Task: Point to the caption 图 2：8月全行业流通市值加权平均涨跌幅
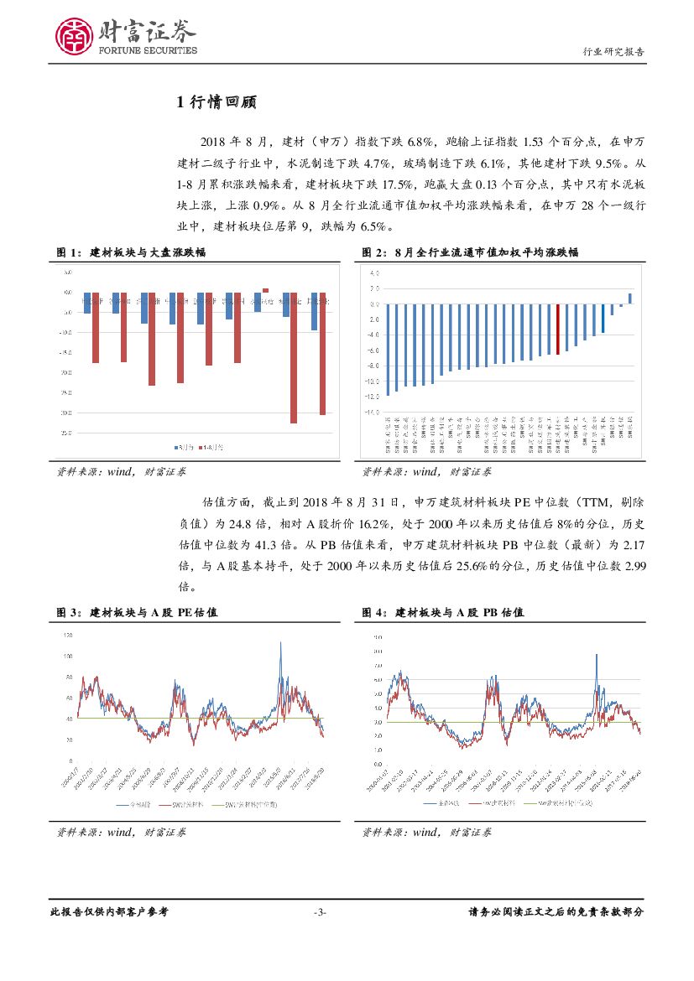(x=469, y=252)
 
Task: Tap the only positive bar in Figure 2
(x=630, y=298)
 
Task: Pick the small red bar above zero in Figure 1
(x=265, y=290)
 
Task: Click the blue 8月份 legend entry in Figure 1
(x=184, y=448)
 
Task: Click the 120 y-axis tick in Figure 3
(x=67, y=635)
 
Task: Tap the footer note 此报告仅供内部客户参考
(x=109, y=912)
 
